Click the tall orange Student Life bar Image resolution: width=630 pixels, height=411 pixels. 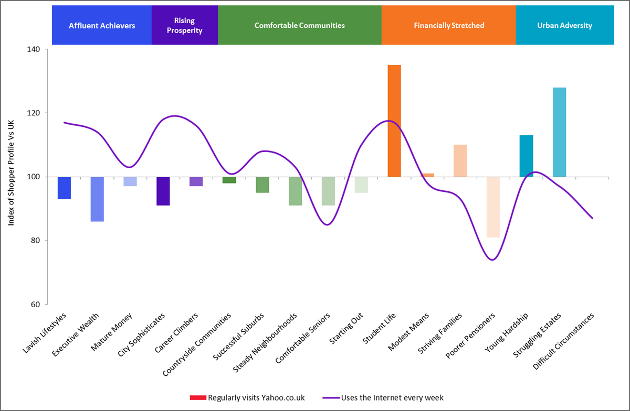pyautogui.click(x=394, y=121)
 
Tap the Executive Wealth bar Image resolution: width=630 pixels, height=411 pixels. pyautogui.click(x=97, y=199)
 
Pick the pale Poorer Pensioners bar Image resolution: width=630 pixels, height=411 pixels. pyautogui.click(x=493, y=207)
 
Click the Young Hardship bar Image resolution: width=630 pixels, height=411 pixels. pyautogui.click(x=527, y=156)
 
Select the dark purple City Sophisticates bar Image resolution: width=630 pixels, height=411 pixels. pyautogui.click(x=163, y=191)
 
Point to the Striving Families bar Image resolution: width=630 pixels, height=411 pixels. pyautogui.click(x=460, y=160)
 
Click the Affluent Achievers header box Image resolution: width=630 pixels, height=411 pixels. pyautogui.click(x=102, y=25)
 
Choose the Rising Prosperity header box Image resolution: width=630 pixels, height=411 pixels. pyautogui.click(x=184, y=25)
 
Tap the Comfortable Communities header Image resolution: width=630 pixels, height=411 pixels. pyautogui.click(x=299, y=25)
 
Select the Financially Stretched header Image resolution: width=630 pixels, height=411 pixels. pyautogui.click(x=448, y=25)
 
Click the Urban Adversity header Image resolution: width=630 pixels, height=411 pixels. pyautogui.click(x=564, y=25)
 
